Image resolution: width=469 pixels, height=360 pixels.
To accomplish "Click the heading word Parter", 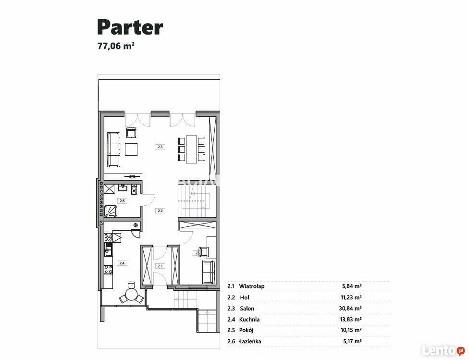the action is point(130,27).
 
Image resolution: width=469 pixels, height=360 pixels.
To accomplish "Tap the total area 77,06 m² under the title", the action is point(116,46).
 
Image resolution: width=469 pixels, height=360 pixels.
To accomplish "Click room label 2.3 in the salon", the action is point(160,147).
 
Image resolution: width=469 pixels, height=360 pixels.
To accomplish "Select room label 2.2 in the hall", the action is point(160,211).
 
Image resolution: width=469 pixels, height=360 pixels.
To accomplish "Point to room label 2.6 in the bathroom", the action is point(122,201).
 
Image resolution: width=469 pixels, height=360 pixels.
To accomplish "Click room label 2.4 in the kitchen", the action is point(122,263).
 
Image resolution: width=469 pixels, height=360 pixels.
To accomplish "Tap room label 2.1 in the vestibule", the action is point(160,266).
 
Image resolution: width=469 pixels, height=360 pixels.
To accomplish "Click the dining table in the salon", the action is point(191,149).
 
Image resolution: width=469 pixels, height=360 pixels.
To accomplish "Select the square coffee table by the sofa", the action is point(131,149).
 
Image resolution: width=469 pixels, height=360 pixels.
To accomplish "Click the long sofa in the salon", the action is point(113,149).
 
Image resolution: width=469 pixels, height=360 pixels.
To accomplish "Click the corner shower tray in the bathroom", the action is point(110,211).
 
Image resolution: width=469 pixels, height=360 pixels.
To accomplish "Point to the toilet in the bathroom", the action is point(134,189).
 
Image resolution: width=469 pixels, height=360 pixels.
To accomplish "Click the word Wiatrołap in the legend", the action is point(251,286).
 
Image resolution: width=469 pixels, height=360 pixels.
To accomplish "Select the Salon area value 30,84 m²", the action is point(351,308).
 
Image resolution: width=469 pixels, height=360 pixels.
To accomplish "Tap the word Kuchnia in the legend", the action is point(249,319).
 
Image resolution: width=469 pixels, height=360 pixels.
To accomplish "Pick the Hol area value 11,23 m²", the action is point(351,298).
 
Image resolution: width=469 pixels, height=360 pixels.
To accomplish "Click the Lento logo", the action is point(443,350).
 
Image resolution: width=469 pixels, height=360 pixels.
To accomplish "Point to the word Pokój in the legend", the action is point(246,330).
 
